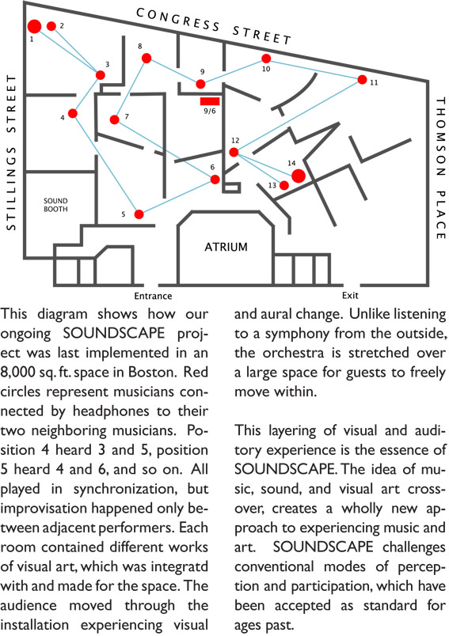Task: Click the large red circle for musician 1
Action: (35, 26)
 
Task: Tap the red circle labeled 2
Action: (51, 26)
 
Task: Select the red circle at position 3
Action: (101, 75)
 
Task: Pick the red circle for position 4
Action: (73, 113)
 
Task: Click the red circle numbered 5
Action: (139, 214)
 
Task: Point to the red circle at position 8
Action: (146, 59)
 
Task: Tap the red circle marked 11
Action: (362, 79)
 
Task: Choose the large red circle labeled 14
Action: (299, 176)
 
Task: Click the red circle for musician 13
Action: (284, 185)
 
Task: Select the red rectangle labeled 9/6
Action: (210, 101)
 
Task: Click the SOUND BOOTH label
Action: (55, 205)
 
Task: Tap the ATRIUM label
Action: (226, 247)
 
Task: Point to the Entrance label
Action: (153, 296)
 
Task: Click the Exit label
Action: (350, 295)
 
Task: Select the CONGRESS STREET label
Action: (214, 26)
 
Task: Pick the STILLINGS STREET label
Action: (11, 153)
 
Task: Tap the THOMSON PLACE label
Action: (441, 168)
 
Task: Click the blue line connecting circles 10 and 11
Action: (314, 69)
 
